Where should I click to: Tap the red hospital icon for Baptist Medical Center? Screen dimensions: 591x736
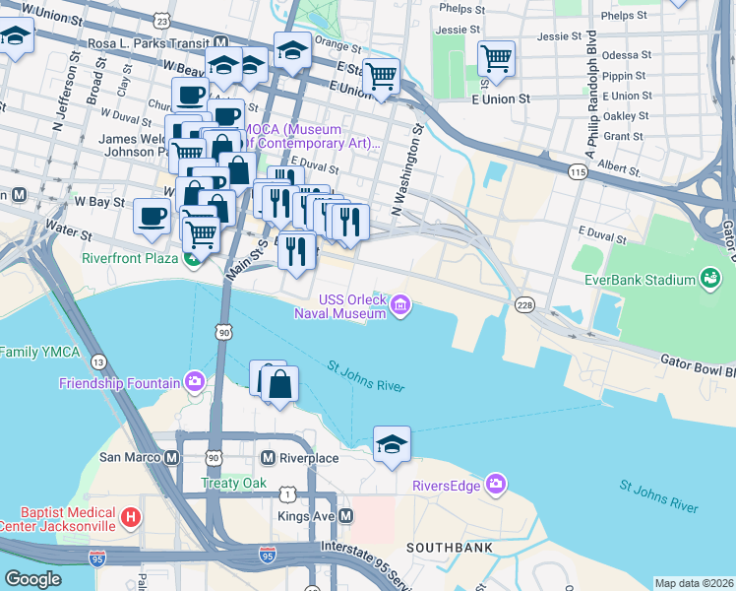(130, 516)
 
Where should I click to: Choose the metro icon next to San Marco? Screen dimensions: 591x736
(173, 458)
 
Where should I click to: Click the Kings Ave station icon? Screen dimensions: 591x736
(346, 516)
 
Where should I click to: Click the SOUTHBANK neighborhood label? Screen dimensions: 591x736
(445, 546)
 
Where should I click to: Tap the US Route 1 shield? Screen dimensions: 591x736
(286, 492)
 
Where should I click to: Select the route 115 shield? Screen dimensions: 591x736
(578, 171)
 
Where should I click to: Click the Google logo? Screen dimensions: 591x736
(32, 579)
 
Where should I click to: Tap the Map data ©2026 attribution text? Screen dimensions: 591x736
(694, 583)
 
